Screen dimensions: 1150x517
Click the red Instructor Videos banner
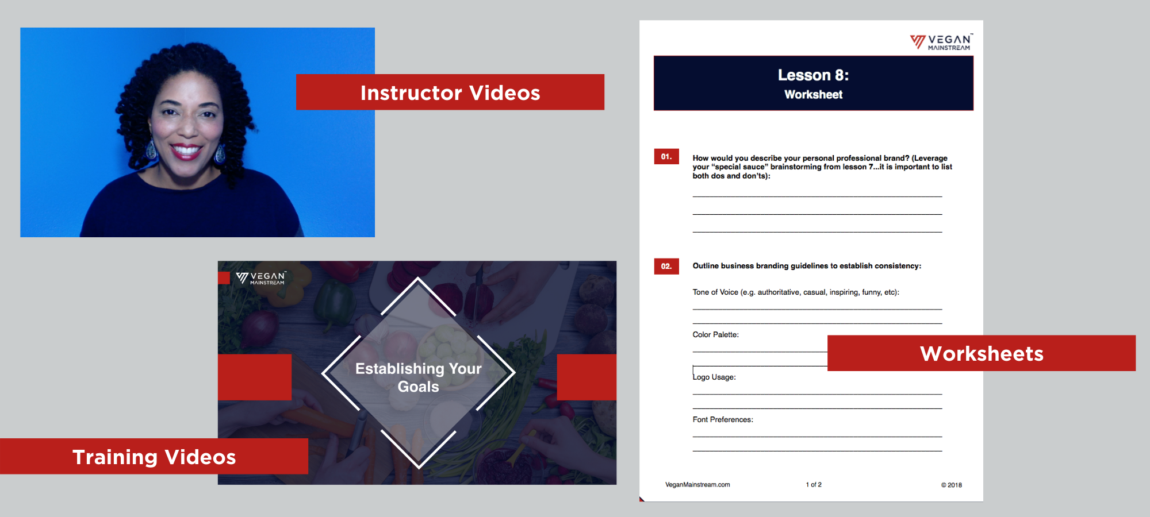pyautogui.click(x=450, y=92)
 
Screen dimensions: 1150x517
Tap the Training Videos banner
pyautogui.click(x=154, y=456)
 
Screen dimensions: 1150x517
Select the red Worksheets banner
pyautogui.click(x=982, y=353)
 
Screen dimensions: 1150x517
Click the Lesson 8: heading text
pyautogui.click(x=813, y=75)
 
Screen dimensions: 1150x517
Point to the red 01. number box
pyautogui.click(x=666, y=156)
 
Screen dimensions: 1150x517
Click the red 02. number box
pyautogui.click(x=666, y=266)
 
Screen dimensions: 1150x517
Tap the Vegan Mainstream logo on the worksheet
pyautogui.click(x=941, y=42)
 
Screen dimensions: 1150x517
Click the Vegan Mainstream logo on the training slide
pyautogui.click(x=261, y=278)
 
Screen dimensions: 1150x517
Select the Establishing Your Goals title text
pyautogui.click(x=419, y=377)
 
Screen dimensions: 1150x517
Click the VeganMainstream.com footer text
pyautogui.click(x=697, y=485)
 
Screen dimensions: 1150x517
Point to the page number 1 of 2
pyautogui.click(x=814, y=485)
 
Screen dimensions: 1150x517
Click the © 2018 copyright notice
pyautogui.click(x=951, y=485)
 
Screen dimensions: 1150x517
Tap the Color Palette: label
pyautogui.click(x=715, y=334)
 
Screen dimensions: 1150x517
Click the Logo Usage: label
pyautogui.click(x=714, y=377)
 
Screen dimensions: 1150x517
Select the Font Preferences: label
pyautogui.click(x=723, y=419)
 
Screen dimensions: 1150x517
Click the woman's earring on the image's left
pyautogui.click(x=151, y=148)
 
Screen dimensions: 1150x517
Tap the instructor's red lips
pyautogui.click(x=185, y=151)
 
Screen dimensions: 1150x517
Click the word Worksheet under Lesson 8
pyautogui.click(x=813, y=94)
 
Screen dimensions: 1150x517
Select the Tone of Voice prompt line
pyautogui.click(x=796, y=292)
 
